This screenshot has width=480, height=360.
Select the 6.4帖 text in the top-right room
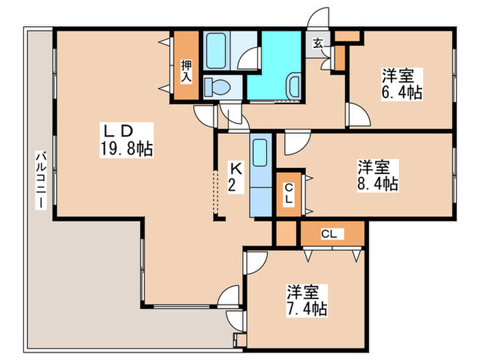coord(399,91)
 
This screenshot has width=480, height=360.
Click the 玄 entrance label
coord(319,45)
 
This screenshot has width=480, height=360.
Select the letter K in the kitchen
coord(235,167)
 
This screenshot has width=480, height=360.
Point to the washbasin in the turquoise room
coord(293,86)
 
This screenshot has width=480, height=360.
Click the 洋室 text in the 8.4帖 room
coord(374,167)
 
